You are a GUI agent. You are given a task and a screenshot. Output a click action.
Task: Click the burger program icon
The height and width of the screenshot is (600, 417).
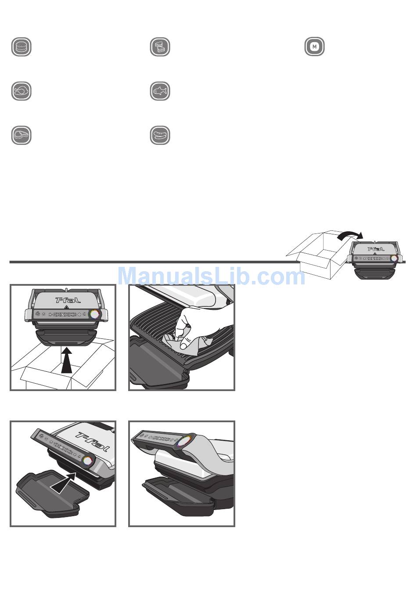pos(22,47)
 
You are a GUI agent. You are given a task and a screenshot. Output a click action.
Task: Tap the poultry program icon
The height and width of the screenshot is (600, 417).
pos(22,91)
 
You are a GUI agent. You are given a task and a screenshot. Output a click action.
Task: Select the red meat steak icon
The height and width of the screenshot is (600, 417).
pos(22,135)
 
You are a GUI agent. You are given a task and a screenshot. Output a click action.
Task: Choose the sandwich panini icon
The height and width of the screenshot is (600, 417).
pos(160,47)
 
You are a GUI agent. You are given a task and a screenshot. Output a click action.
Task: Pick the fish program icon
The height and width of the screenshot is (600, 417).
pos(160,91)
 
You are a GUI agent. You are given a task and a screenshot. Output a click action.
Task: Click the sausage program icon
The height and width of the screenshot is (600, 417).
pos(160,135)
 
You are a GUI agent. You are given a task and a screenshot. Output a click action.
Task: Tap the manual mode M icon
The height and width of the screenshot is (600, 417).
pos(315,47)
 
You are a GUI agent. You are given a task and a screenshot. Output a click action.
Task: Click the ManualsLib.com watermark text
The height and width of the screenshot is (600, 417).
pos(211,276)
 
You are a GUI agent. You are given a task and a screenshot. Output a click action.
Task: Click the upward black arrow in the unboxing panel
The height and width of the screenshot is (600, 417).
pos(67,360)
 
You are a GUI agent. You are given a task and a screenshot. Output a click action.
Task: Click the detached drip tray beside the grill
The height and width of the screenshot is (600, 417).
pos(52,494)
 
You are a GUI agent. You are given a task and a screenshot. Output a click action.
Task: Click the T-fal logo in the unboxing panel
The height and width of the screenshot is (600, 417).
pos(68,300)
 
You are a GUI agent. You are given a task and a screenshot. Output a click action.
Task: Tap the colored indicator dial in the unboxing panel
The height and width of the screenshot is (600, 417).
pos(94,314)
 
